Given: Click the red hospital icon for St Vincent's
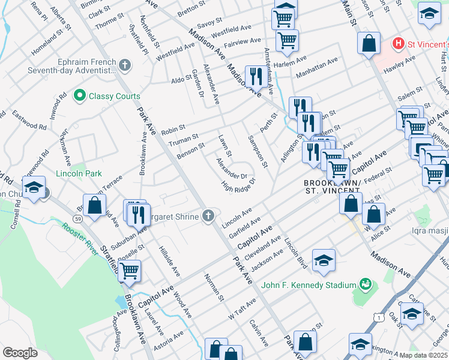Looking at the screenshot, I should (x=397, y=44).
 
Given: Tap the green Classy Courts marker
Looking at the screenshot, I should (x=79, y=96).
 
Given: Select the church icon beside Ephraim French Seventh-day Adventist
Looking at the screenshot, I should (x=125, y=64).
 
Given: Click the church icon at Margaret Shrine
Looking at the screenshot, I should (x=208, y=215).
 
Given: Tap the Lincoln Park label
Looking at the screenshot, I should (x=78, y=173).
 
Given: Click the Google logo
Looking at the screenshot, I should (x=20, y=353).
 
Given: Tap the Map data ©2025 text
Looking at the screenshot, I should (x=424, y=355).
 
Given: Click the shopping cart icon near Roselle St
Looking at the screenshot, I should (x=130, y=271).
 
